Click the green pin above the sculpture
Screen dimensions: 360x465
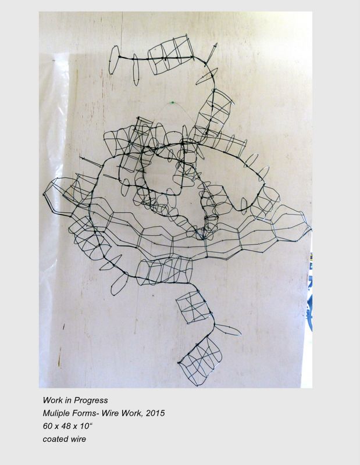(172, 103)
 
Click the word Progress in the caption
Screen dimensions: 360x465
(91, 400)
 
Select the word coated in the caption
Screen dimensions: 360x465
(53, 439)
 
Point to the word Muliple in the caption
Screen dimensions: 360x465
(56, 413)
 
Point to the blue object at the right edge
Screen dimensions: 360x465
(309, 296)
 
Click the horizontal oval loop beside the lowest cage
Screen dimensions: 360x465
(227, 330)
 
